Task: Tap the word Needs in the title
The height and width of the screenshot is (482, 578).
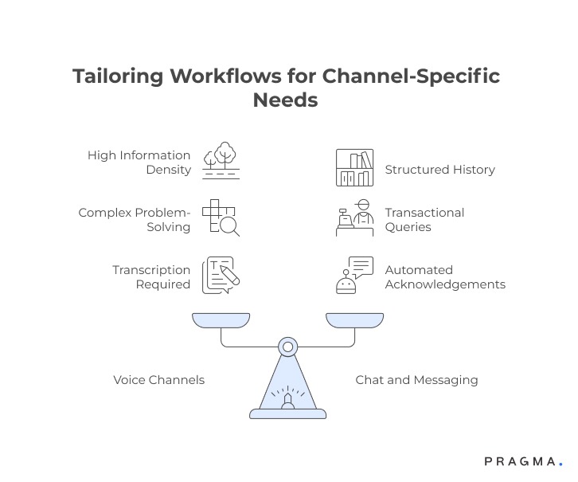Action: (x=285, y=100)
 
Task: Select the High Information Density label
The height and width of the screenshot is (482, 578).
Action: (x=139, y=163)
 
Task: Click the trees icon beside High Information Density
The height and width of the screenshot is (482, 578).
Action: (x=221, y=160)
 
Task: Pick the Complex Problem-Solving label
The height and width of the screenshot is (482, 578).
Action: (x=134, y=220)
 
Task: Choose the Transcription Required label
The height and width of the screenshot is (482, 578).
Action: (x=151, y=277)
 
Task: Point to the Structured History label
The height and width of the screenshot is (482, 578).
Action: (x=439, y=170)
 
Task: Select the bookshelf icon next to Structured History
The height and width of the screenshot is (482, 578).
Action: (x=354, y=168)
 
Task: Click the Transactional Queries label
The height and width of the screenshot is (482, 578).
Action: (x=424, y=220)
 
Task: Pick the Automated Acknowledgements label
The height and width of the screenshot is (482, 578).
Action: (x=444, y=277)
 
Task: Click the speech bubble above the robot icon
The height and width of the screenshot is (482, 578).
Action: (x=361, y=266)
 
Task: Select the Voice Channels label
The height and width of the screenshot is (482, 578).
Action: (x=158, y=380)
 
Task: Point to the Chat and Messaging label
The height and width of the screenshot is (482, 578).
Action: (x=416, y=380)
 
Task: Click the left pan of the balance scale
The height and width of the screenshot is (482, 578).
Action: (x=221, y=319)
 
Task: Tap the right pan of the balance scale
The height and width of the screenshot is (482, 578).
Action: (x=354, y=319)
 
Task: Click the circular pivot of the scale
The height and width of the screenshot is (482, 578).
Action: (x=287, y=347)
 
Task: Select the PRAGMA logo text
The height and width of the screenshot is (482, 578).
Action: (x=522, y=461)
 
